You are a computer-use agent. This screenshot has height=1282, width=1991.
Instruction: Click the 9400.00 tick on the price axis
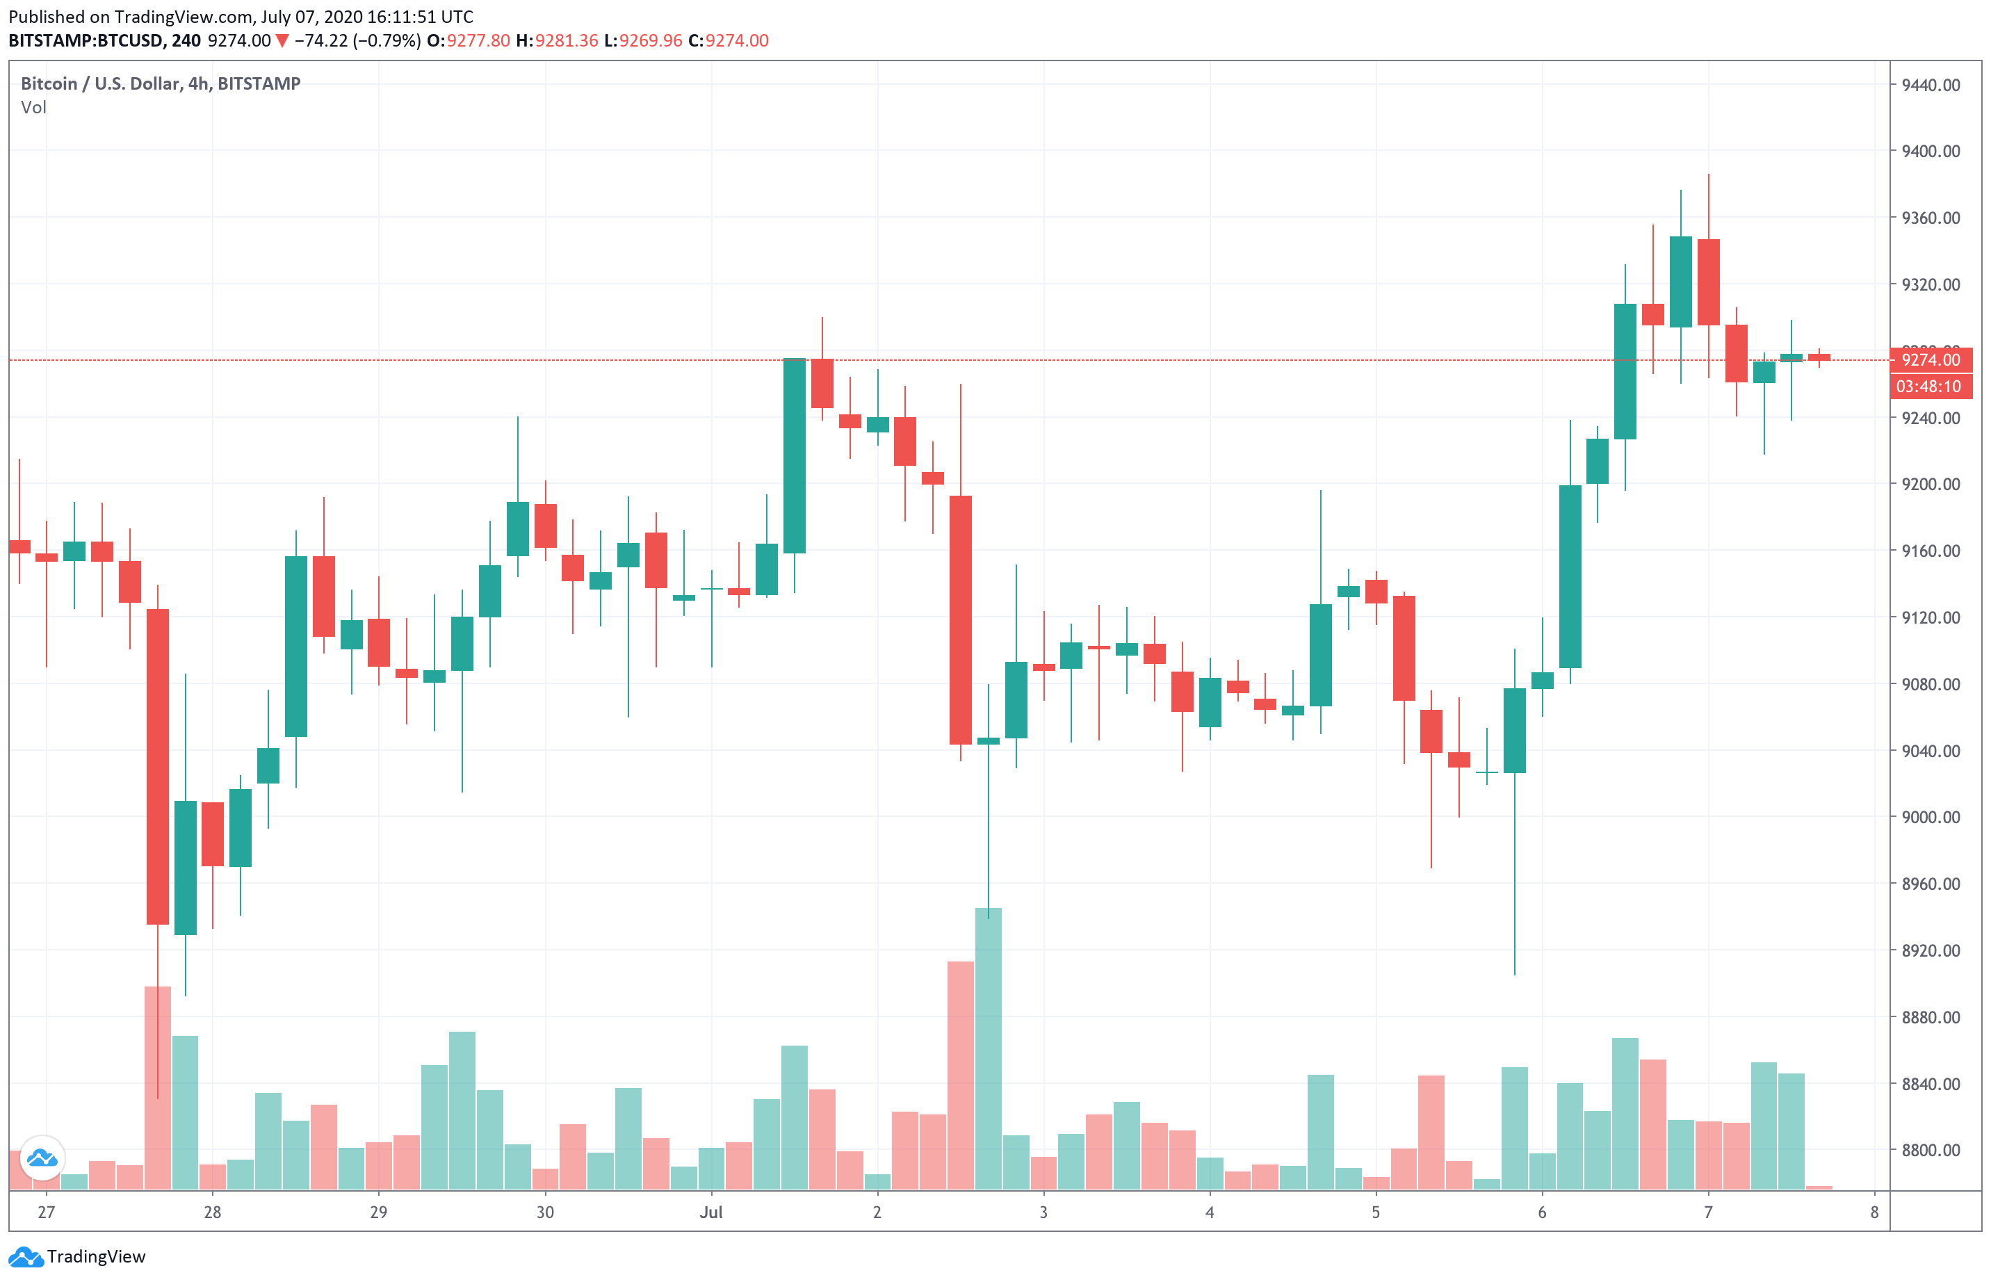pos(1931,152)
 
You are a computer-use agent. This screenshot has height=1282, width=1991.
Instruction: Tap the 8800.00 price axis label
pos(1931,1151)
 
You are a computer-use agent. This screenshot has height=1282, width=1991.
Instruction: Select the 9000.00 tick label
pos(1931,818)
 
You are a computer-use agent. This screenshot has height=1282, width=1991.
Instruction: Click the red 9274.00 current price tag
pos(1931,360)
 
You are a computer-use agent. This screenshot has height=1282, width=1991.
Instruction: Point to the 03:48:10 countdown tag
pos(1928,387)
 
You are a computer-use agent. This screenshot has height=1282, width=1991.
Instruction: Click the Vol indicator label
pos(33,107)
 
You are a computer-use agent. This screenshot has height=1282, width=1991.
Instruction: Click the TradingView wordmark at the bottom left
pos(96,1257)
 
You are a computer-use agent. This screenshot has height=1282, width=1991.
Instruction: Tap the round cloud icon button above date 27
pos(42,1158)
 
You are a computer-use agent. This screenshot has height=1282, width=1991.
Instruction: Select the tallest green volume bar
pos(988,1049)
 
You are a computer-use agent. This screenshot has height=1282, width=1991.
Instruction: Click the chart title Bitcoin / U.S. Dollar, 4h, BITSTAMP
pos(161,84)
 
